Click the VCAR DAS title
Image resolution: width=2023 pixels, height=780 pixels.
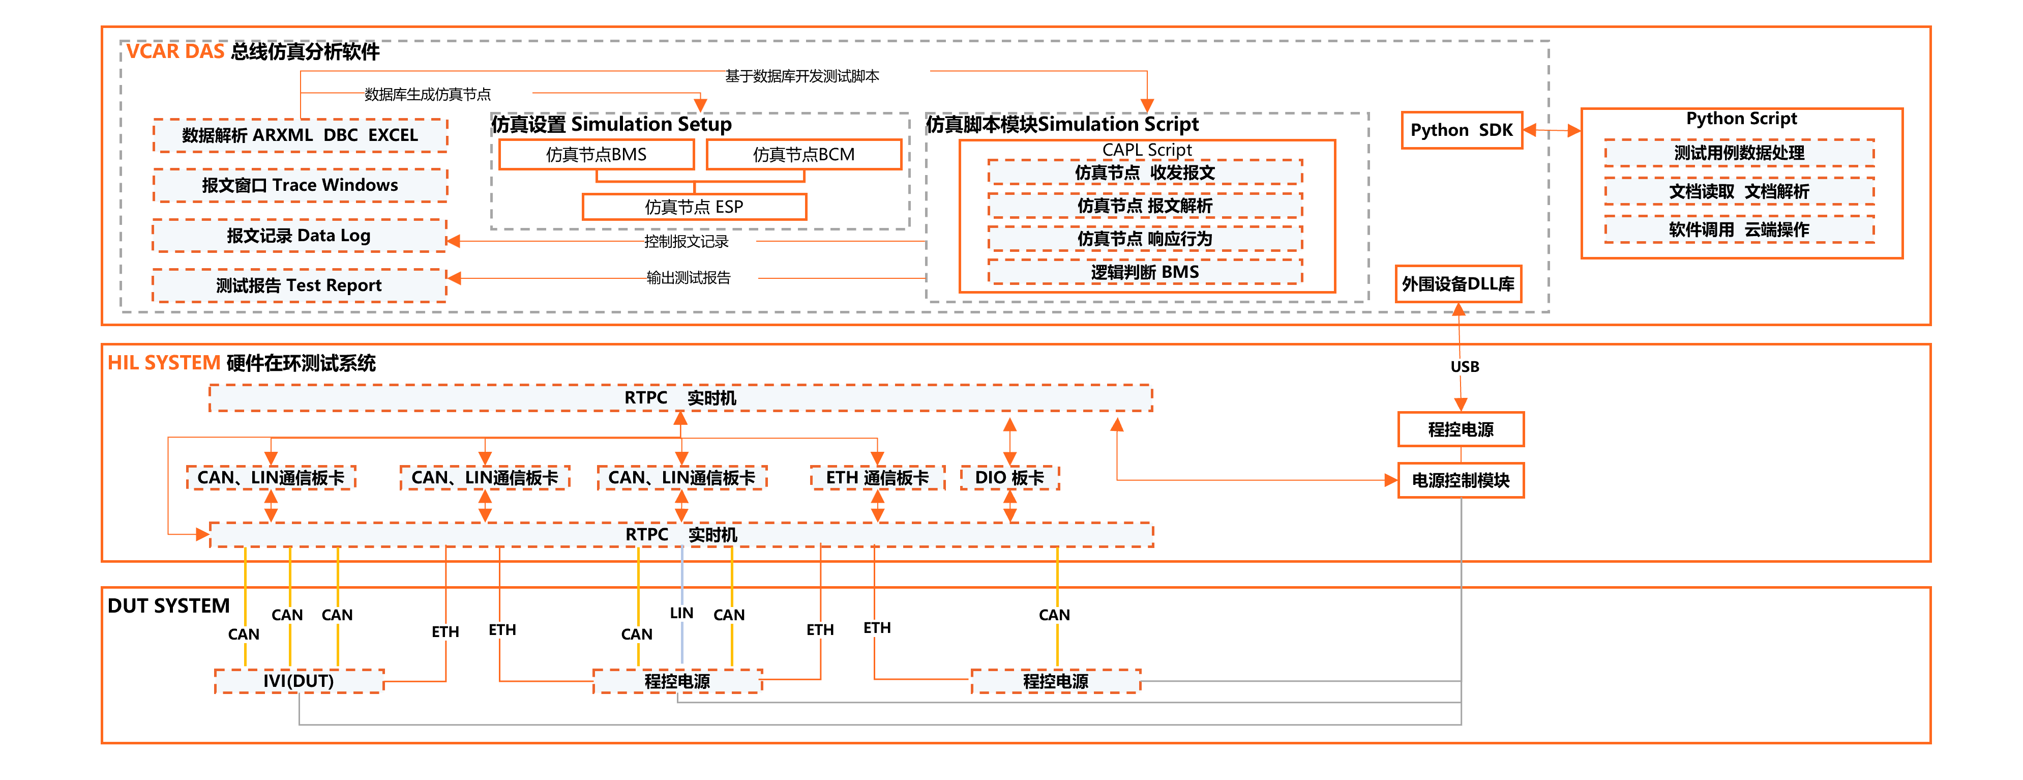click(175, 52)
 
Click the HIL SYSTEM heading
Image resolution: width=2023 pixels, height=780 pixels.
click(164, 363)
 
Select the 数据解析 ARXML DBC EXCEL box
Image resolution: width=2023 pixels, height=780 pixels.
click(300, 135)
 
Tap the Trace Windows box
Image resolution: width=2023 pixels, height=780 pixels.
click(300, 185)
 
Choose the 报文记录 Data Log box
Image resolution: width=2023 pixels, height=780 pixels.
click(299, 236)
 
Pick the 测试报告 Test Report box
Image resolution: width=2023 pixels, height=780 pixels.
click(299, 285)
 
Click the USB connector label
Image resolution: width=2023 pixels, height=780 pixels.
click(1465, 367)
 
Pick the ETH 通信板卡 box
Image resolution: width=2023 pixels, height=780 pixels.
click(877, 478)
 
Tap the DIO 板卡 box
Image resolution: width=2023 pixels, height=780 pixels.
click(1009, 478)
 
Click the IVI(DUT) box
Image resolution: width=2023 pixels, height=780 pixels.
click(299, 681)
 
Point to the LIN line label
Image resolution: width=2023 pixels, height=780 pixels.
click(681, 613)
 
